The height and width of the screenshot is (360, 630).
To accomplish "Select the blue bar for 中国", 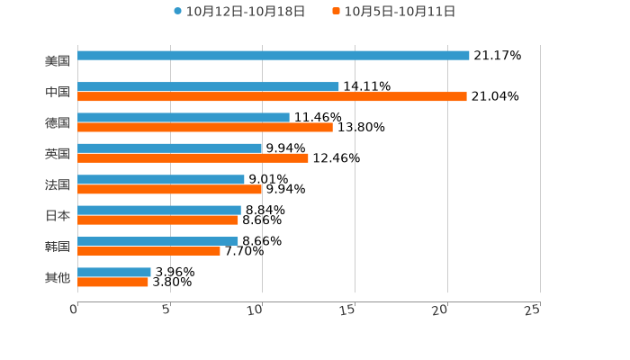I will pos(208,86).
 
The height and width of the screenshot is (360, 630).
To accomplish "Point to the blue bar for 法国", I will pos(161,179).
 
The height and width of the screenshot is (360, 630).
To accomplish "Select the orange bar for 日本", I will pos(157,220).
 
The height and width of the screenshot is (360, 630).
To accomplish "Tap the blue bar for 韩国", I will pos(157,241).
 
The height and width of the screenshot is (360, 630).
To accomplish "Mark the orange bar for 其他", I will pos(112,282).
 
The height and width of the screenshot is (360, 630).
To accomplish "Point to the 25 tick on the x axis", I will pos(533,310).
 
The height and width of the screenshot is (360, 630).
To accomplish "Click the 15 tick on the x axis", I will pos(348,310).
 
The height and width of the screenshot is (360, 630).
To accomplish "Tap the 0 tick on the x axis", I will pos(74,310).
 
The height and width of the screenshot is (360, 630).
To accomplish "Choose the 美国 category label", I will pos(58,61).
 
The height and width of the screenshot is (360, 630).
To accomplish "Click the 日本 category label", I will pos(58,215).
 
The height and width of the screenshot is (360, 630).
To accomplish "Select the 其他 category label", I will pos(58,277).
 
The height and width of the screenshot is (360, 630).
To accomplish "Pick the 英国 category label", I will pos(58,153).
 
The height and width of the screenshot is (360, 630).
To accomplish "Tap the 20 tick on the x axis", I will pos(440,310).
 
